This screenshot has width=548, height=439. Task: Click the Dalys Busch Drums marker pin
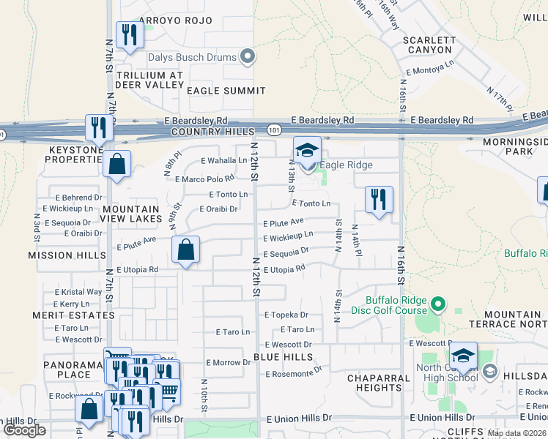248,56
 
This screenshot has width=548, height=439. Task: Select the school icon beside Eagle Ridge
307,151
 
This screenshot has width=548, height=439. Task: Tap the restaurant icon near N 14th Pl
379,199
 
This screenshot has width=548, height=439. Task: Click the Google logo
24,430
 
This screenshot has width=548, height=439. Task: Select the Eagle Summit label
226,91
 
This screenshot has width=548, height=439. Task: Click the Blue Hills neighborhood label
284,357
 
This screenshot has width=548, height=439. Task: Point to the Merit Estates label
73,315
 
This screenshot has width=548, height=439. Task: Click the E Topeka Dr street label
285,315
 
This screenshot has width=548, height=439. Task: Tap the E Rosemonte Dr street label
293,373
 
